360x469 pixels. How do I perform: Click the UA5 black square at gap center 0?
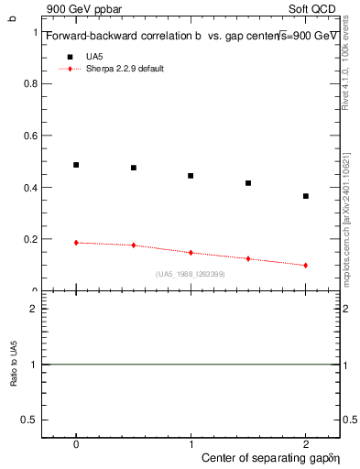(76, 165)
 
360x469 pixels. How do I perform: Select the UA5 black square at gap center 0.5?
(134, 168)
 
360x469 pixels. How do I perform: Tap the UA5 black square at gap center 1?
(191, 176)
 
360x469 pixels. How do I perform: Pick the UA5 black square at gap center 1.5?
(248, 183)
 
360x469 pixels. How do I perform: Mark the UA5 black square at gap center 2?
(306, 196)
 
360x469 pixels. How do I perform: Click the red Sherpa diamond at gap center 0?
(76, 243)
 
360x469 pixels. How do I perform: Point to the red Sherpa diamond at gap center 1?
(191, 253)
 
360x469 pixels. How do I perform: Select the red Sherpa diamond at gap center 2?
(306, 266)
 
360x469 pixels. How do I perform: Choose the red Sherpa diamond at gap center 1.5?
(248, 259)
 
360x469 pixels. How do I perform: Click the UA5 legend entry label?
(94, 56)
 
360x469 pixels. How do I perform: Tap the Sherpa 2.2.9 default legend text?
(125, 70)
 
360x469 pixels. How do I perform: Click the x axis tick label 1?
(191, 443)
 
